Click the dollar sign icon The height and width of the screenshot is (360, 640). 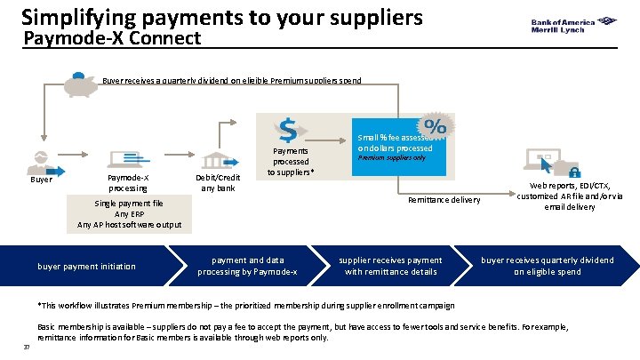point(287,130)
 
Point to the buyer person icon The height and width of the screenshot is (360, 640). point(40,161)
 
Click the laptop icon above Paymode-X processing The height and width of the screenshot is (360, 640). point(127,159)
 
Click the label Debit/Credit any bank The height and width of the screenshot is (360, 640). point(217,182)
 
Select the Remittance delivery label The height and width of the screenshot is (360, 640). point(443,200)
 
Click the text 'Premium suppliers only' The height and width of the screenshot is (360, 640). point(391,158)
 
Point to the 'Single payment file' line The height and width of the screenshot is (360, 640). point(129,203)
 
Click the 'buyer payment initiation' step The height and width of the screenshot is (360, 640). point(86,266)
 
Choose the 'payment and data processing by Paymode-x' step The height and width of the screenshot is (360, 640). point(247,266)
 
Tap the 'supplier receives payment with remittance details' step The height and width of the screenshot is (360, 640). point(391,266)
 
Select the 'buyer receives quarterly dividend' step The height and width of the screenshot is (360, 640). point(547,266)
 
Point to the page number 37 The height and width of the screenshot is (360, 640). point(27,347)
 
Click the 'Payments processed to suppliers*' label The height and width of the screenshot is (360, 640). point(291,162)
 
